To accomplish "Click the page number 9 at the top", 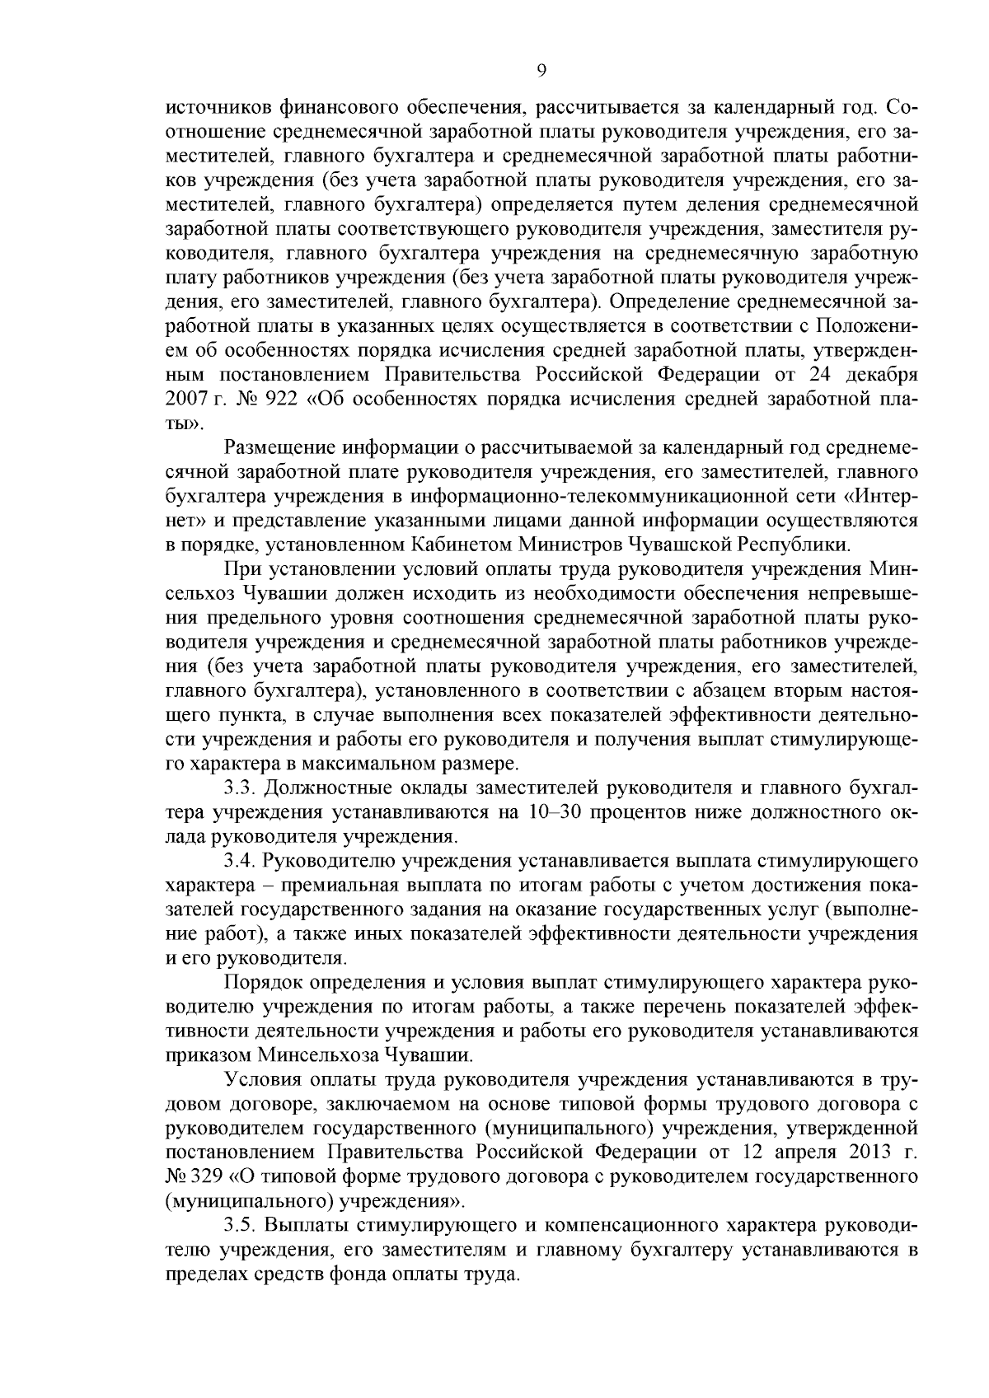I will pyautogui.click(x=541, y=71).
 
